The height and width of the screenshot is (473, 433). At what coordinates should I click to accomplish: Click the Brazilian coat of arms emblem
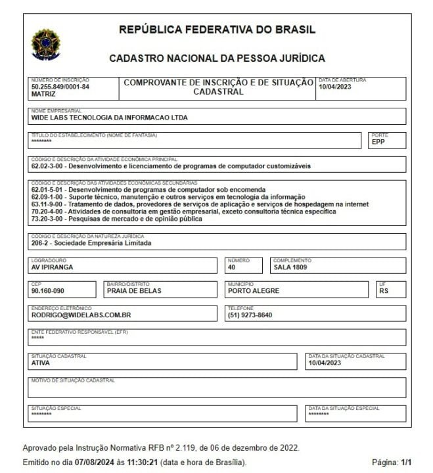click(45, 43)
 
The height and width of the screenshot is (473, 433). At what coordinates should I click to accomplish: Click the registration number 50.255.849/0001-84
click(60, 87)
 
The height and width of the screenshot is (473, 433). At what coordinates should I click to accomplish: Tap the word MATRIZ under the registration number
click(43, 94)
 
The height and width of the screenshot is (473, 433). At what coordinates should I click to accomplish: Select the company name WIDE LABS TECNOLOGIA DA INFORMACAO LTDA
click(109, 118)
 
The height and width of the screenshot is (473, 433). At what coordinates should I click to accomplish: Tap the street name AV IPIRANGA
click(52, 267)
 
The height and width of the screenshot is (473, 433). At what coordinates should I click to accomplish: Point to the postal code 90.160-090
click(49, 291)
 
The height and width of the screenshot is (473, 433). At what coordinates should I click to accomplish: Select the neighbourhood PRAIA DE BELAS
click(133, 291)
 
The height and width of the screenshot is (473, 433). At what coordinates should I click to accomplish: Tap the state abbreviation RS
click(384, 291)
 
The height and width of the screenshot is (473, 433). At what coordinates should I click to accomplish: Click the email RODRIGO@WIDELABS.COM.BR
click(81, 315)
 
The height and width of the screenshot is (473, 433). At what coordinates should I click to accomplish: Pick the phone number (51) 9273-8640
click(250, 315)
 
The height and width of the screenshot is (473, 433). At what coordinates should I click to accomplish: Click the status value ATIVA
click(41, 363)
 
